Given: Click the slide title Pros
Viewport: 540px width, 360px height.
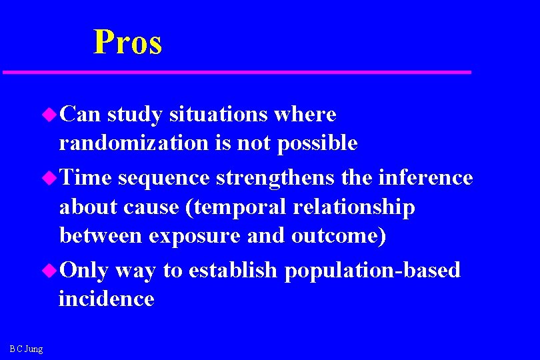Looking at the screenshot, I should tap(128, 42).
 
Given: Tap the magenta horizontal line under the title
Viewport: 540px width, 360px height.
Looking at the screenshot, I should tap(237, 71).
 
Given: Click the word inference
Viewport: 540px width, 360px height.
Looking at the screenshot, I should tap(425, 178).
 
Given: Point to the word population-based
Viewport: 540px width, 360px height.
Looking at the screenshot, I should tap(372, 270).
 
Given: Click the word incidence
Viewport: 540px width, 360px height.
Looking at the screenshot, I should tap(107, 299).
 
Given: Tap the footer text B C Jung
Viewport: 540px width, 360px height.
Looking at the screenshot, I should tap(26, 349).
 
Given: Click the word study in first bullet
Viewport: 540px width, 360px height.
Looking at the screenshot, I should tap(134, 115).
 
